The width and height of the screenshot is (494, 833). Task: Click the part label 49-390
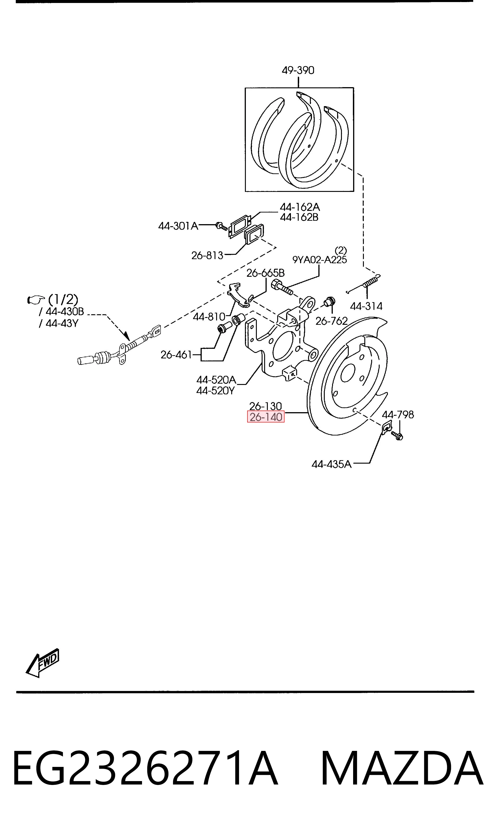(x=298, y=70)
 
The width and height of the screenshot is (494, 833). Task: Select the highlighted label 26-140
(x=266, y=417)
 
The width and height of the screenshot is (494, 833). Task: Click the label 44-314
(x=366, y=306)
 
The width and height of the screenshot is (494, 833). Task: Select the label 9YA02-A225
(x=319, y=260)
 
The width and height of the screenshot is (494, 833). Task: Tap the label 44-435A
(x=332, y=464)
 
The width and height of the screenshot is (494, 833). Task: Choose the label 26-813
(x=207, y=255)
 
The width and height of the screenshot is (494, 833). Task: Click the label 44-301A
(x=178, y=226)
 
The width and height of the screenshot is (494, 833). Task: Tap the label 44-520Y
(x=215, y=390)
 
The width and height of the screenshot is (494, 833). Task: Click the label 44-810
(x=209, y=317)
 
